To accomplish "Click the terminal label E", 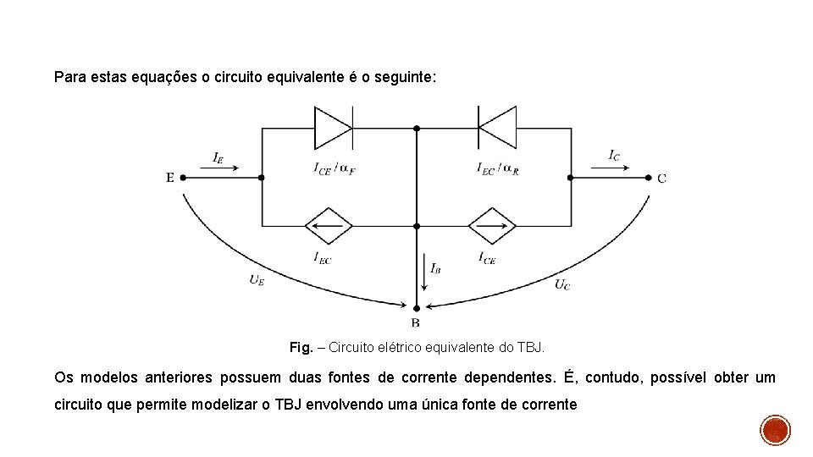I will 170,178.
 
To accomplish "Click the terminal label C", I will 661,178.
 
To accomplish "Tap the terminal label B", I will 416,323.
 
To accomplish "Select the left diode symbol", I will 334,127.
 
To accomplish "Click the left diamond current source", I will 328,226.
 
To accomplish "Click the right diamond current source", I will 492,226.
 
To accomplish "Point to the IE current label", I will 218,157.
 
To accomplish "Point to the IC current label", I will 614,155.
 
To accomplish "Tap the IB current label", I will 434,268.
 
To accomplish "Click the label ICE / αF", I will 334,168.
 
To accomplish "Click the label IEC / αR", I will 497,168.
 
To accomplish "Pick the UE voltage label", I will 257,280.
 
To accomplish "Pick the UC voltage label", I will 562,284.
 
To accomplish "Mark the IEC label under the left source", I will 322,257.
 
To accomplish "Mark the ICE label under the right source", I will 486,257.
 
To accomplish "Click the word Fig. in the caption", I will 301,347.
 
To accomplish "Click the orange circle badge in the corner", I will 775,430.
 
